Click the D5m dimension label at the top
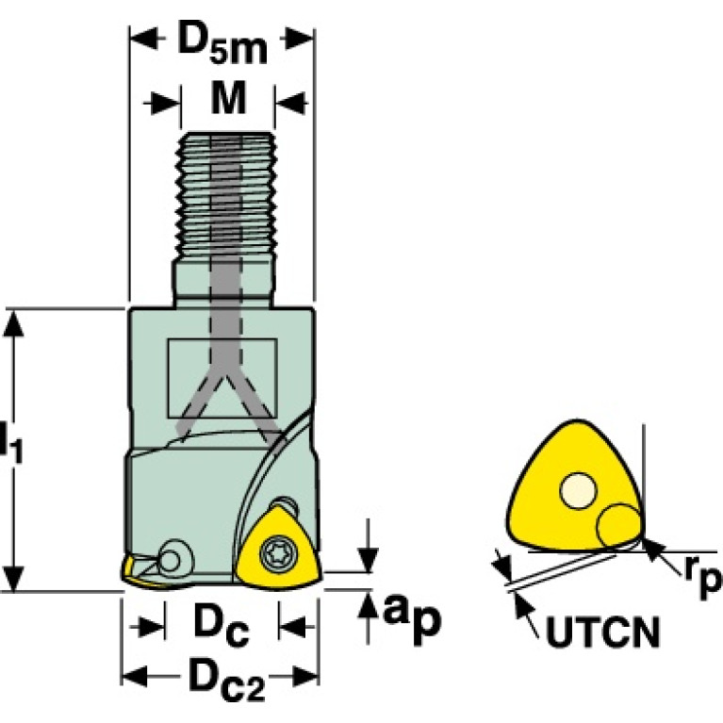click(x=222, y=44)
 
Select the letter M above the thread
click(x=226, y=99)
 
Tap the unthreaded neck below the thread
click(x=224, y=284)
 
